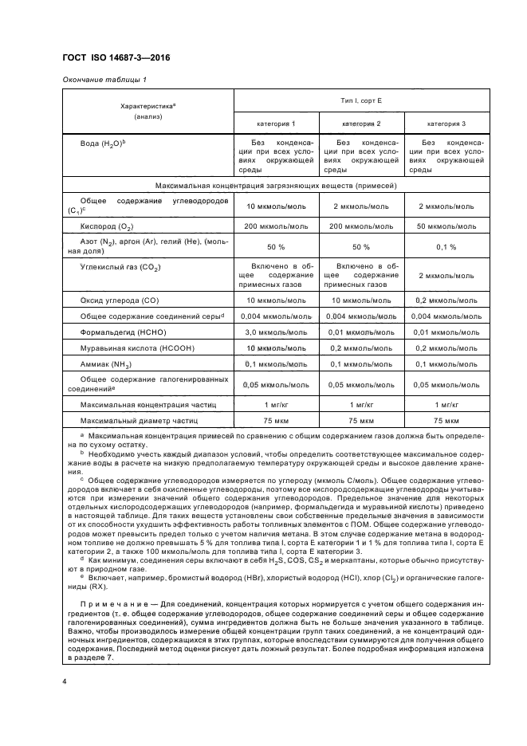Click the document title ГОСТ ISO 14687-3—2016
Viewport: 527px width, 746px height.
116,57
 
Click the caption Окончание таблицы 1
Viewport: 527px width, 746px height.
104,79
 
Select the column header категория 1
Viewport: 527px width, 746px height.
276,124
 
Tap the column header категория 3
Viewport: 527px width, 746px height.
446,124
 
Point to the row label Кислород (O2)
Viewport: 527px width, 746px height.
111,226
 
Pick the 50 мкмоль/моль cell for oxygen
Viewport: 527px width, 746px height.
446,226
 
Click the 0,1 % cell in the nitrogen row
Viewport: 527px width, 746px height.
446,247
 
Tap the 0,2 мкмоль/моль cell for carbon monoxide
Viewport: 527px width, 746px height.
446,300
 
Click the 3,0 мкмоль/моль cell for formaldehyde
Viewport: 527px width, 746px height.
276,332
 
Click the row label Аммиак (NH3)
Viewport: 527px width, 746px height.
106,364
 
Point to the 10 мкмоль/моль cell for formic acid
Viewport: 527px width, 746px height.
276,347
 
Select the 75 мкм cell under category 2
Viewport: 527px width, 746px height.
361,420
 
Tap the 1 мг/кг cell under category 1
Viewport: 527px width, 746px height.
276,404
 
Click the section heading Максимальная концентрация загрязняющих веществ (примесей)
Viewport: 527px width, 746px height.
276,185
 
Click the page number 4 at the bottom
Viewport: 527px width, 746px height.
65,681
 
